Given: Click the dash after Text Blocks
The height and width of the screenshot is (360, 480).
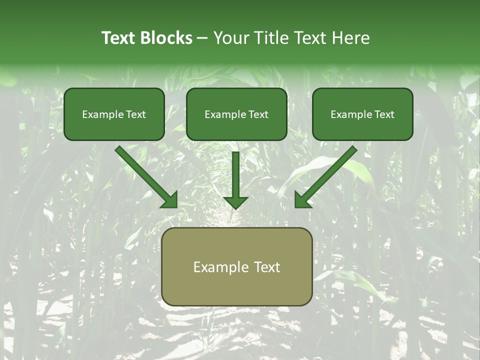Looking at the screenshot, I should pyautogui.click(x=202, y=38).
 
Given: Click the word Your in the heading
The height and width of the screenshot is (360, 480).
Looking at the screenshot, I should pyautogui.click(x=232, y=38).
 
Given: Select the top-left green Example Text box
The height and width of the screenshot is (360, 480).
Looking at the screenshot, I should pyautogui.click(x=114, y=114).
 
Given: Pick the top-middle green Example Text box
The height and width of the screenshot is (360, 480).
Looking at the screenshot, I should pyautogui.click(x=236, y=114).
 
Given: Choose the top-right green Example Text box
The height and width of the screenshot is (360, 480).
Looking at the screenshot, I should pyautogui.click(x=362, y=114).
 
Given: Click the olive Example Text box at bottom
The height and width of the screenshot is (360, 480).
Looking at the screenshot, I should pyautogui.click(x=236, y=266).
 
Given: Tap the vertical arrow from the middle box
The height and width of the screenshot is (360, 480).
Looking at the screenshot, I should pyautogui.click(x=235, y=175).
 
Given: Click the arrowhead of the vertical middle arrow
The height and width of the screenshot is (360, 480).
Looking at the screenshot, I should pyautogui.click(x=235, y=202).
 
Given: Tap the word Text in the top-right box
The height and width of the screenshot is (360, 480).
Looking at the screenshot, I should pyautogui.click(x=384, y=114).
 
